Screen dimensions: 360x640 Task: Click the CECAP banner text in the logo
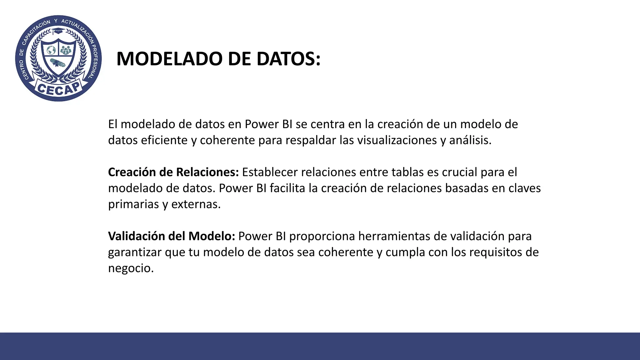pyautogui.click(x=58, y=88)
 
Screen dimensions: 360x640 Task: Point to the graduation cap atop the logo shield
pyautogui.click(x=58, y=31)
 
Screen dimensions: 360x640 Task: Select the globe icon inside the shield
pyautogui.click(x=51, y=50)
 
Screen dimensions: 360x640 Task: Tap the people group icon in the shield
pyautogui.click(x=66, y=50)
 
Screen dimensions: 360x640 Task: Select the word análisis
pyautogui.click(x=470, y=140)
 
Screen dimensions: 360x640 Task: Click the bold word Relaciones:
pyautogui.click(x=207, y=172)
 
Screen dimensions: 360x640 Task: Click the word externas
pyautogui.click(x=196, y=204)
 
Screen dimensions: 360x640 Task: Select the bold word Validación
pyautogui.click(x=137, y=236)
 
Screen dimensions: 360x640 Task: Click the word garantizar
pyautogui.click(x=135, y=252)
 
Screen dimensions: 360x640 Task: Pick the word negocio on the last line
pyautogui.click(x=131, y=268)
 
